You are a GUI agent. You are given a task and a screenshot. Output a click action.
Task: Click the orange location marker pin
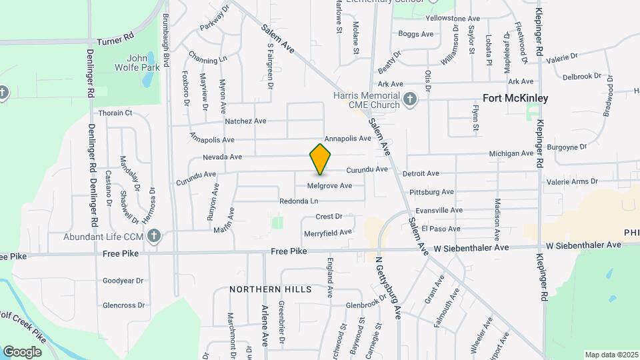pos(321,159)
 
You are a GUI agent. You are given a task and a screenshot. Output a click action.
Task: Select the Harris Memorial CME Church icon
pos(410,100)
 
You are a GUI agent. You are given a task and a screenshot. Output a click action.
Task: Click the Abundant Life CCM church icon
pos(154,236)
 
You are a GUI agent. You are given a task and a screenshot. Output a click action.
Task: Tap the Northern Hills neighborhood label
pos(271,289)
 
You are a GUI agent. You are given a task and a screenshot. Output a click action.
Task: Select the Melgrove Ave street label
pos(329,185)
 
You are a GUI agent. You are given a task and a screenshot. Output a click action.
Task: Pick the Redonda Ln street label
pos(298,201)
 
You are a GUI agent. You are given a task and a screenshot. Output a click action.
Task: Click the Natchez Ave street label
pos(245,121)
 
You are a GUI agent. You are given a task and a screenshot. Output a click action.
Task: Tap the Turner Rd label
pos(115,41)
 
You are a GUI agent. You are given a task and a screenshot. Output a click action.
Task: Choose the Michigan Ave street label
pos(511,153)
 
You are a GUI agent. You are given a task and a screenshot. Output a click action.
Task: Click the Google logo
pos(22,352)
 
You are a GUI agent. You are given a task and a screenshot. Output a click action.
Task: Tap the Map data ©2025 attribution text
pos(612,355)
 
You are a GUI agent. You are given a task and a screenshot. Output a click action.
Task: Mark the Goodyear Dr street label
pos(123,281)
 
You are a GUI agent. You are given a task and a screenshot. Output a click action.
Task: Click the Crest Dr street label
pos(329,216)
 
